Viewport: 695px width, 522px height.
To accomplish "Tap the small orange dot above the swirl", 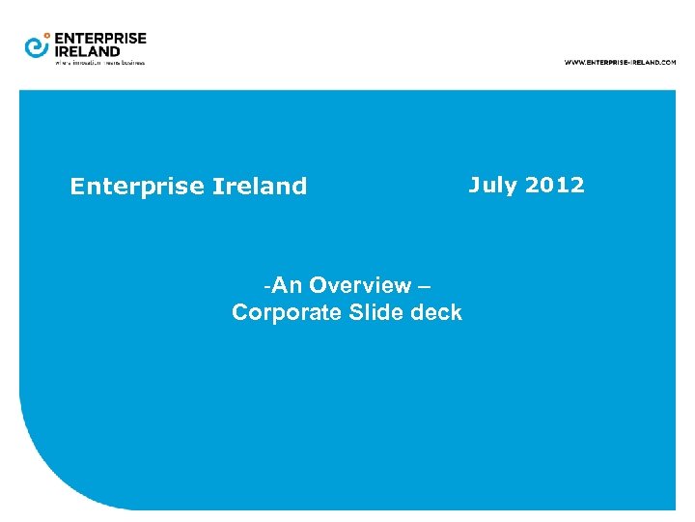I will pyautogui.click(x=47, y=35).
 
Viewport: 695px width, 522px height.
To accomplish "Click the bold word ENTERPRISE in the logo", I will pyautogui.click(x=100, y=39).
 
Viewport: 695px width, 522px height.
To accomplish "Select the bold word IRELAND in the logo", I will pyautogui.click(x=88, y=51).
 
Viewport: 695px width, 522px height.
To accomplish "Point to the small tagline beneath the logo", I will pyautogui.click(x=99, y=63).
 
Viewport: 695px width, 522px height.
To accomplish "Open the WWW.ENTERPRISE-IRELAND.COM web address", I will pyautogui.click(x=620, y=62).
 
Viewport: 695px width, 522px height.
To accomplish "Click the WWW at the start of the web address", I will pyautogui.click(x=573, y=62).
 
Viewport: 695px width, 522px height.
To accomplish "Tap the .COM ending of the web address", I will pyautogui.click(x=667, y=62).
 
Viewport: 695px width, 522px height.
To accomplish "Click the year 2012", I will pyautogui.click(x=554, y=185).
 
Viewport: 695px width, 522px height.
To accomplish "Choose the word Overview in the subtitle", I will pyautogui.click(x=360, y=285).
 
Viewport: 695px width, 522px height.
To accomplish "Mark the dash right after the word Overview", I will pyautogui.click(x=425, y=286).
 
